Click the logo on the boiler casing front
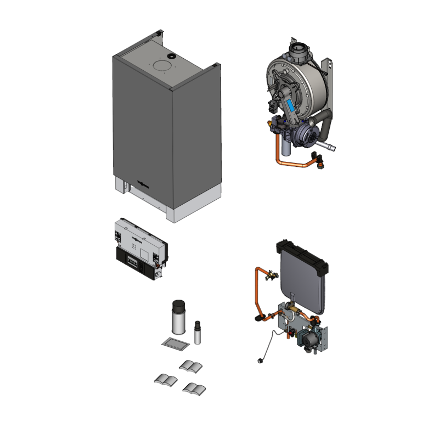144,185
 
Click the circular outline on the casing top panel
164,66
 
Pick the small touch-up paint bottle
198,333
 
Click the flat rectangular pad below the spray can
176,344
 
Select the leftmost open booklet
165,379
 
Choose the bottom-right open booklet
195,389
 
